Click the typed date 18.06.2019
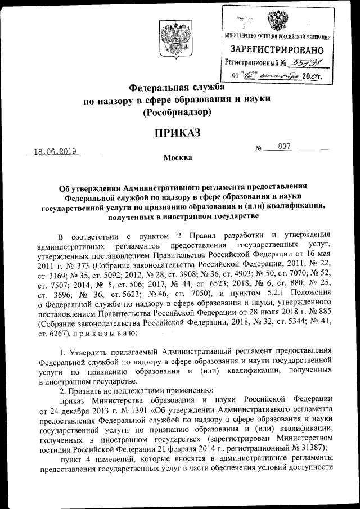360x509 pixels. [x=55, y=151]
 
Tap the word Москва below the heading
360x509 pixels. [x=178, y=157]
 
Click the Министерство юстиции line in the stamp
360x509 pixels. [x=277, y=37]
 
